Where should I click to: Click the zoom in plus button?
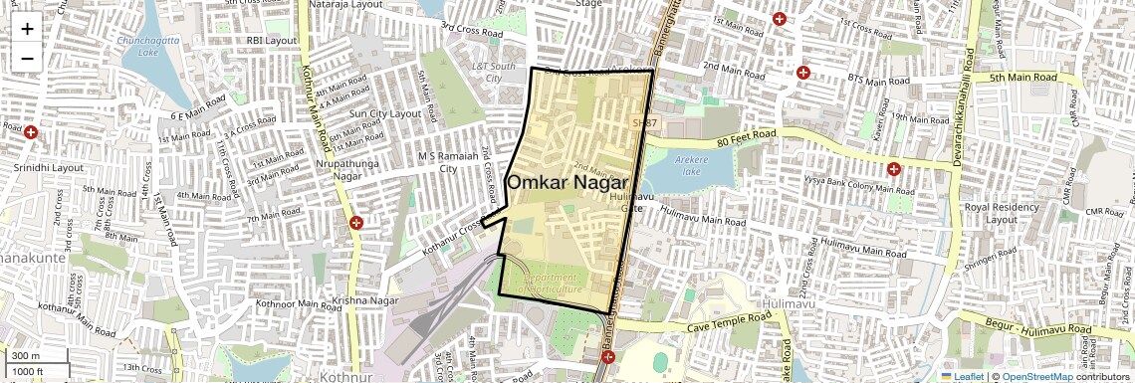click(27, 28)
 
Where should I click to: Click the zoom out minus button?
click(27, 58)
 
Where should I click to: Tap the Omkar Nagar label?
click(567, 183)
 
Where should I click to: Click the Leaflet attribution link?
click(963, 376)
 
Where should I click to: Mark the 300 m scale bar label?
click(26, 355)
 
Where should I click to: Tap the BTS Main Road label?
click(877, 81)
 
